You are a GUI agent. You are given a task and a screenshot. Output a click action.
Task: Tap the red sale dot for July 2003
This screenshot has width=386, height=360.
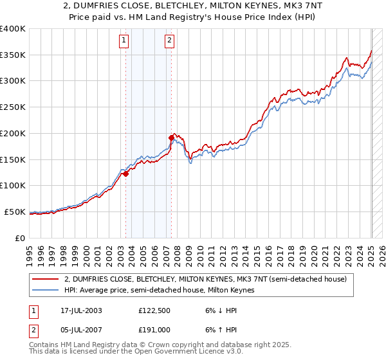[126, 174]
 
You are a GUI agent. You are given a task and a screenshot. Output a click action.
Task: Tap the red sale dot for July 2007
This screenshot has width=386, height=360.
[171, 138]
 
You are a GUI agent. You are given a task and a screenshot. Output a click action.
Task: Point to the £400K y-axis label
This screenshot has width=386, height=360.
[13, 29]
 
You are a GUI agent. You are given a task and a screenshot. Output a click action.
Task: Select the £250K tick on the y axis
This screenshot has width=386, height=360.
[13, 107]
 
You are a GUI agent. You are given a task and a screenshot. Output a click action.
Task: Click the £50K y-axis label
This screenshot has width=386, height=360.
[15, 212]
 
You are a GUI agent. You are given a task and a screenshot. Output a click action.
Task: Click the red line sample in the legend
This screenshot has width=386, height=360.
[46, 279]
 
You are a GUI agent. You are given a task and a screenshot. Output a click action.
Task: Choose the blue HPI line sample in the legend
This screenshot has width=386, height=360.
[46, 291]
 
